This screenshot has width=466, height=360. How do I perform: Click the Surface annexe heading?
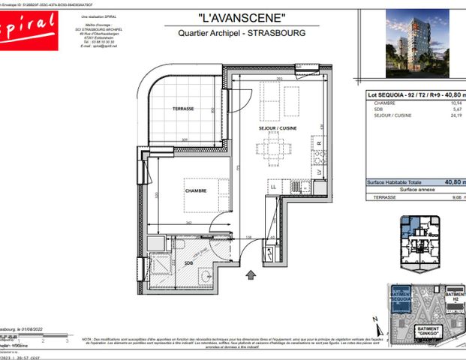(416, 190)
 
